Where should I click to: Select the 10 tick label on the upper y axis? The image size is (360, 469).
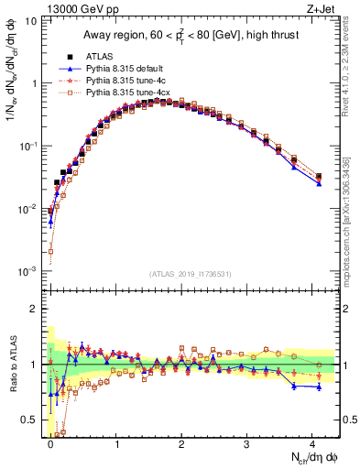(29, 20)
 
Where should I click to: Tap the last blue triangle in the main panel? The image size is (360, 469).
(319, 183)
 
